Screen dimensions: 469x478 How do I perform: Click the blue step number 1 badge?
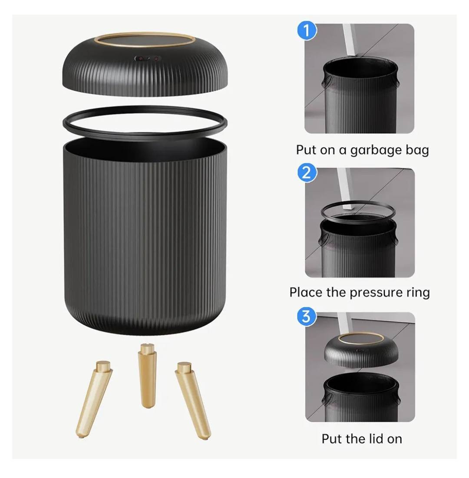pos(307,31)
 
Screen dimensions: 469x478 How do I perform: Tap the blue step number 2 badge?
pos(307,173)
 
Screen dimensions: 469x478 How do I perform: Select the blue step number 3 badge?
pos(306,317)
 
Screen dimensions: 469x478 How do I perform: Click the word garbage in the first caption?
pos(376,151)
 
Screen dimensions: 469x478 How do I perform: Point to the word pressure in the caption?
pos(376,293)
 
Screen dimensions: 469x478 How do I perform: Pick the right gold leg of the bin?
pos(193,400)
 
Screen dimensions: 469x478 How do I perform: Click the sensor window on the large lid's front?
pos(148,58)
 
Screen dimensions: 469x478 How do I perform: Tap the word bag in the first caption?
pos(417,151)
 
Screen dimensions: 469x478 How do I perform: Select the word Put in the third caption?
pos(332,439)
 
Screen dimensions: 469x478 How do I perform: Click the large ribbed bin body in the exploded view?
pos(145,236)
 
